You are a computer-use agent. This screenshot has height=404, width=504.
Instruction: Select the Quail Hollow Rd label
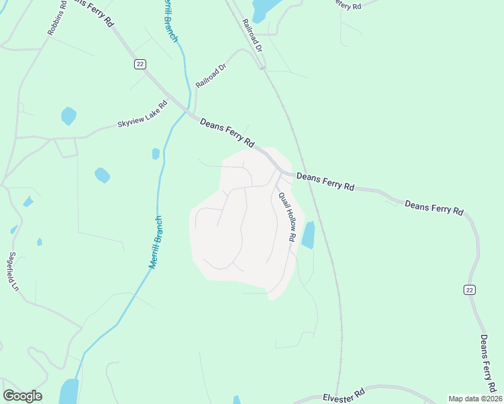[288, 217]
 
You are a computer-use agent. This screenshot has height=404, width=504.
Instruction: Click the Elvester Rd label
[343, 395]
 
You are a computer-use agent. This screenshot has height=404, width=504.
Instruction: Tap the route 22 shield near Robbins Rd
[139, 63]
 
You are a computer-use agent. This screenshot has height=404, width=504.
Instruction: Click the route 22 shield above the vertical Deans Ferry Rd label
[469, 289]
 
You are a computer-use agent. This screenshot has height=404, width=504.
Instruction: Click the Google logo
[22, 396]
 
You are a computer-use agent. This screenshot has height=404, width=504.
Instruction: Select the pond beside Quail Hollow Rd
[308, 235]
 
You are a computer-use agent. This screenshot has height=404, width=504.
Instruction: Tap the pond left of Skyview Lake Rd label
[69, 116]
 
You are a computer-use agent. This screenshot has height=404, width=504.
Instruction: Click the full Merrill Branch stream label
[156, 242]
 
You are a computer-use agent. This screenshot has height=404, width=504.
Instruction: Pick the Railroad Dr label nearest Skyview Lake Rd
[211, 75]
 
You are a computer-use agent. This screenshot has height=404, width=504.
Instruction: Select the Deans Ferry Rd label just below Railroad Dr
[227, 133]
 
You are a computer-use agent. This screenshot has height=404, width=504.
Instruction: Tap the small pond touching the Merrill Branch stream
[156, 154]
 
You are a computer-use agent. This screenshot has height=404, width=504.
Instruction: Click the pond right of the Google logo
[69, 391]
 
